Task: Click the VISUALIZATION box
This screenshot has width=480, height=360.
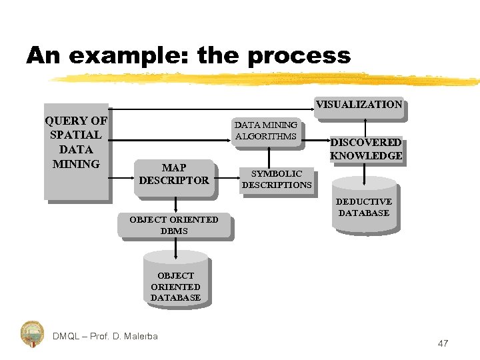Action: (359, 105)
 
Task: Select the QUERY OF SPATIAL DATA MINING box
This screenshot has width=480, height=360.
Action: (75, 150)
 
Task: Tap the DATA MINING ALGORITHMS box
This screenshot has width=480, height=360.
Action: (266, 131)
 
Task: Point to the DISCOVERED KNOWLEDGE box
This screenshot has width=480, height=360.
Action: (366, 149)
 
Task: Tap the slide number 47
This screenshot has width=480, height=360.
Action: (443, 343)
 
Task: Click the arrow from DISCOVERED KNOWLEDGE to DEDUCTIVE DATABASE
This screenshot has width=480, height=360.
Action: (364, 172)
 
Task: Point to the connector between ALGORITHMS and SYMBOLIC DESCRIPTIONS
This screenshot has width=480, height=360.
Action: (269, 156)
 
